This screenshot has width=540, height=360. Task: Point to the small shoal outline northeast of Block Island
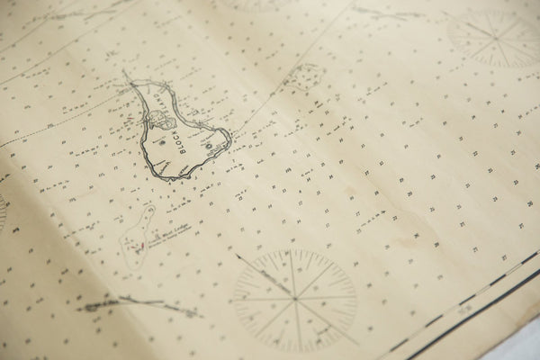(304, 76)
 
